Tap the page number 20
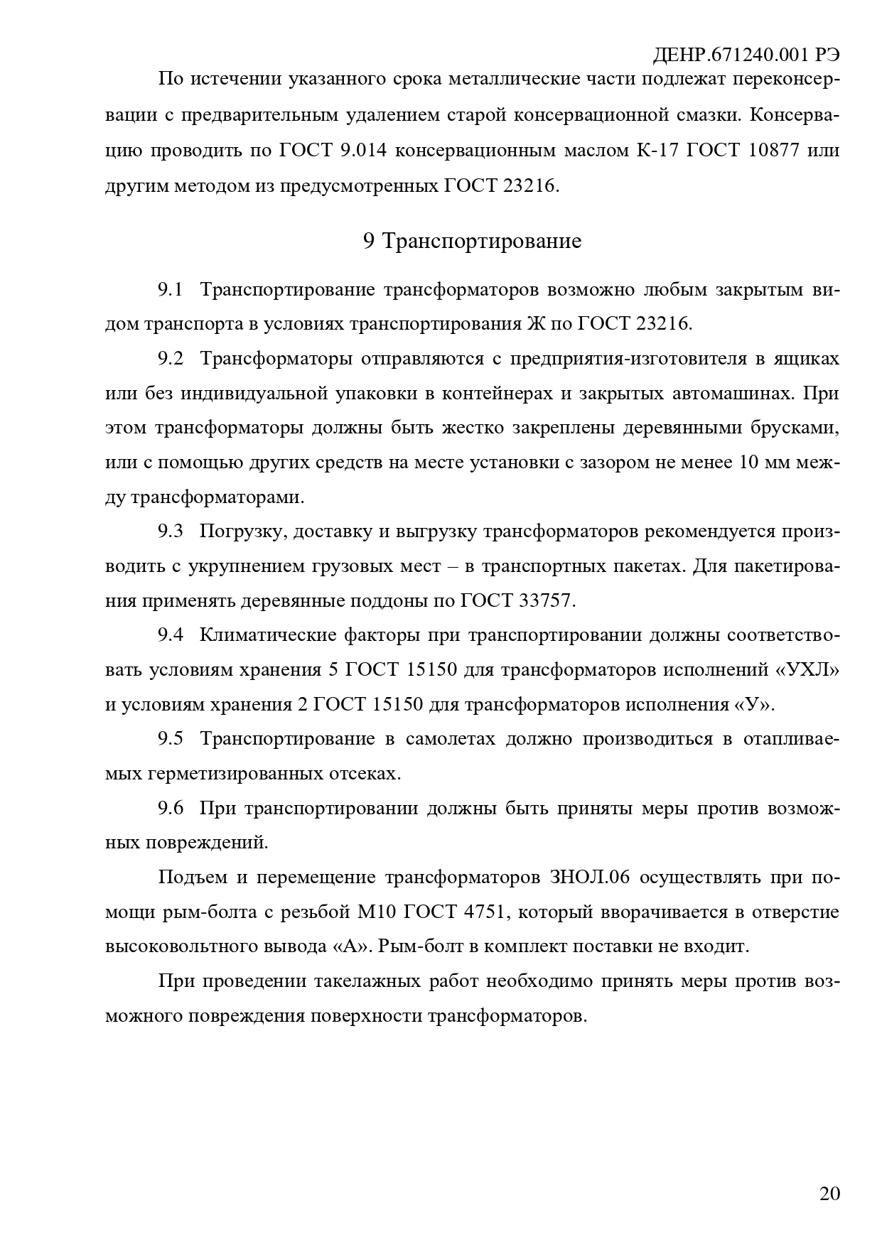pos(829,1193)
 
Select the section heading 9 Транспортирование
pos(472,241)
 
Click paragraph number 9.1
pos(171,290)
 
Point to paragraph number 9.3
pos(171,531)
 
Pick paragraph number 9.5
pos(171,739)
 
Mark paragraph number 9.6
pos(171,809)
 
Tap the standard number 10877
pos(775,151)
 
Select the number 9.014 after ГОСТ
pos(355,151)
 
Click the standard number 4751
pos(483,912)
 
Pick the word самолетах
pos(450,739)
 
